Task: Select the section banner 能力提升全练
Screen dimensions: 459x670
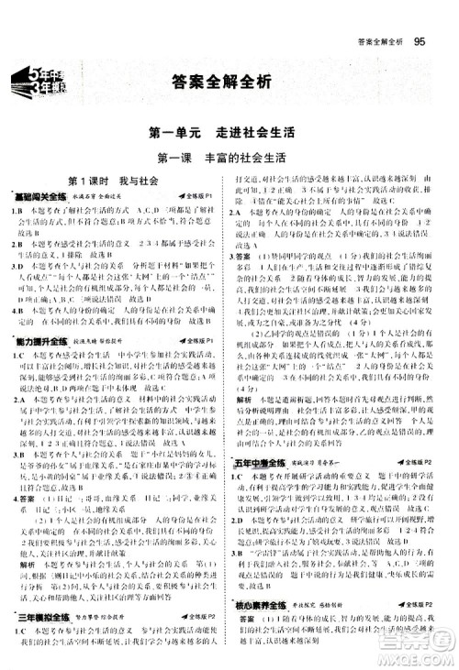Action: tap(36, 340)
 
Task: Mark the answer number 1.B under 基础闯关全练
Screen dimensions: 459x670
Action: tap(17, 211)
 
